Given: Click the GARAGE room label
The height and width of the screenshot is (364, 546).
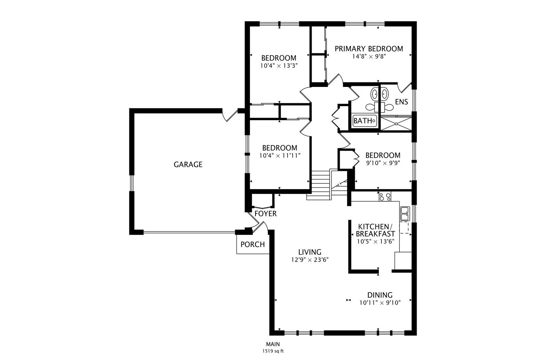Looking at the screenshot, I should [x=188, y=164].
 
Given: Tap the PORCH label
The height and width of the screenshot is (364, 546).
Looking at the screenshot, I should [x=252, y=244].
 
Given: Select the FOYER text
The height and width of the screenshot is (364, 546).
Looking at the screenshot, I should [x=266, y=214].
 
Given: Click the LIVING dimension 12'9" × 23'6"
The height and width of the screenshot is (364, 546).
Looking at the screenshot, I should [x=309, y=260].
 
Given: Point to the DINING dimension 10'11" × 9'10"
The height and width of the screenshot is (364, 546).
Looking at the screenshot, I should [x=380, y=303].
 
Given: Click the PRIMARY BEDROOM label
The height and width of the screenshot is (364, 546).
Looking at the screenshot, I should [x=369, y=49].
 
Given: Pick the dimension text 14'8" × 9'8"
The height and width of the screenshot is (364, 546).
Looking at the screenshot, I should [x=369, y=57].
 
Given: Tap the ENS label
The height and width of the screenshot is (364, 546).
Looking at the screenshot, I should [x=401, y=102].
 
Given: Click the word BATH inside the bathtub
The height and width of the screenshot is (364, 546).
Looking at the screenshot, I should [x=363, y=121].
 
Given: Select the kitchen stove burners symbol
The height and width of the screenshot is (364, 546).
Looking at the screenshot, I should [x=385, y=196].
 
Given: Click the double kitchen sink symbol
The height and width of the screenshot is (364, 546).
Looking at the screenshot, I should [x=404, y=213].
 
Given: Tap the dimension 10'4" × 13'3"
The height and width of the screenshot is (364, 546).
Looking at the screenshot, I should [x=279, y=66].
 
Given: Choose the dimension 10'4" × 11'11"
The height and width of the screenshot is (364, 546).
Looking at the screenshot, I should [x=280, y=156].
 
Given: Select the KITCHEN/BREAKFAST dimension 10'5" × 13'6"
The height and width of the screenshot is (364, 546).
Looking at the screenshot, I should [x=375, y=241].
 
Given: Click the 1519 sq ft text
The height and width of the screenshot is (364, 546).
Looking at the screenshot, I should [x=273, y=351].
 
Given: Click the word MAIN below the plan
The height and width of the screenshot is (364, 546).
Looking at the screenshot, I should [x=273, y=344].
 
